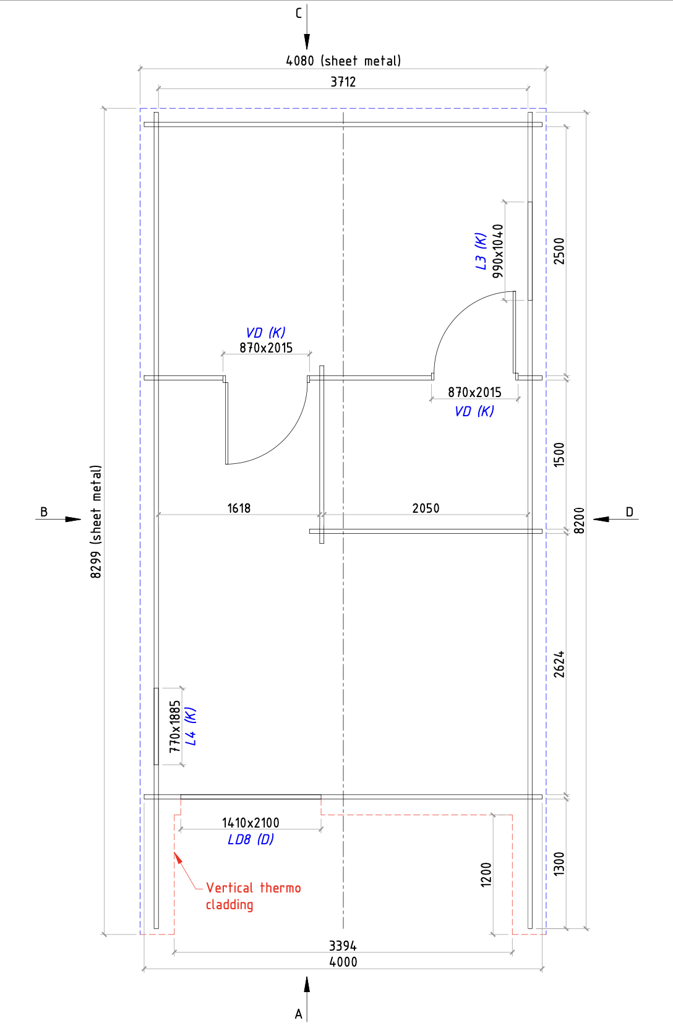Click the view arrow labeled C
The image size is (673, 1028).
click(307, 27)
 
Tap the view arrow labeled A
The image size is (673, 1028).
click(307, 999)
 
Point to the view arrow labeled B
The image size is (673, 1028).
click(58, 520)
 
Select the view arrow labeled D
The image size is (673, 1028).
click(615, 519)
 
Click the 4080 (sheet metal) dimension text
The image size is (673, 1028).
click(343, 61)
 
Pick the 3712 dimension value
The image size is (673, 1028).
click(343, 82)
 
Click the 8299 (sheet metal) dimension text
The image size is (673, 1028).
click(96, 522)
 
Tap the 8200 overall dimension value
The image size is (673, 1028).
click(580, 520)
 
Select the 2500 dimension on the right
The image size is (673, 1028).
click(559, 251)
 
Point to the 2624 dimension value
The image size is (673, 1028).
click(559, 664)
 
